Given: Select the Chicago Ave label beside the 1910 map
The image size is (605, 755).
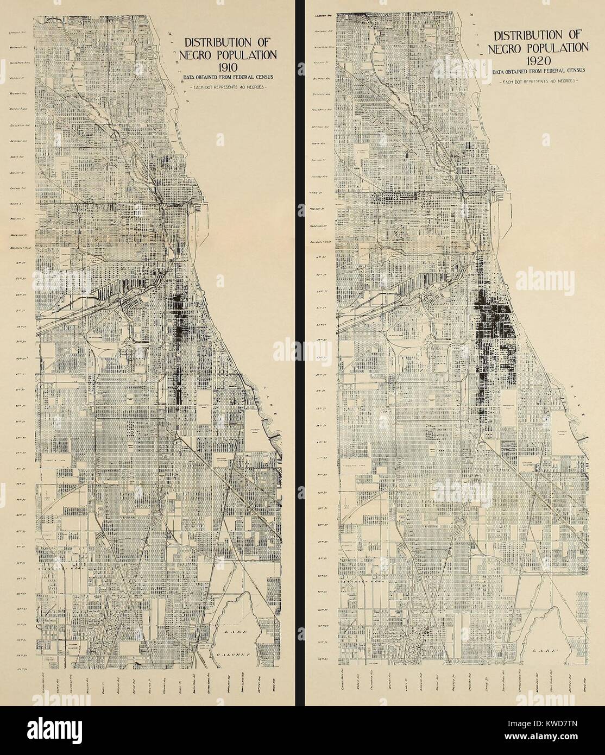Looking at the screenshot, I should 18,190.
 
